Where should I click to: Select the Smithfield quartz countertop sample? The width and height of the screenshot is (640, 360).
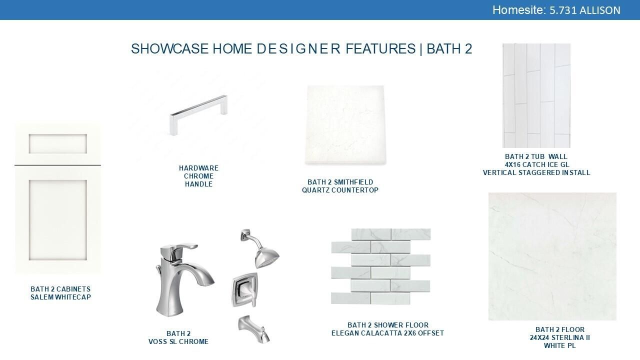(x=345, y=125)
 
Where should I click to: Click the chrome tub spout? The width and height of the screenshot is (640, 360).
(x=253, y=329)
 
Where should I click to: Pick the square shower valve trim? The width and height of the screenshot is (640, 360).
(x=244, y=289)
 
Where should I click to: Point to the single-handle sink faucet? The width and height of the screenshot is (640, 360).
(x=183, y=280)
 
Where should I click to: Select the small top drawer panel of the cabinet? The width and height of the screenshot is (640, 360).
(x=57, y=143)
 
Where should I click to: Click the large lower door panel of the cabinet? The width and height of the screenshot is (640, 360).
(x=57, y=220)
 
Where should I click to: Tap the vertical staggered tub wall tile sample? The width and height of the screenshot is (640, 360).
(x=536, y=95)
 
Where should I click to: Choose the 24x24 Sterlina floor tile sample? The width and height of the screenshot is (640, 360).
(x=552, y=256)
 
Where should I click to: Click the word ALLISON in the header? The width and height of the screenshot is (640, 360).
(x=600, y=10)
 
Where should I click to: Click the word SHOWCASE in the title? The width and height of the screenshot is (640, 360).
(x=169, y=48)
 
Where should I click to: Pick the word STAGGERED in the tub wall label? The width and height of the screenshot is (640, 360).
(x=532, y=172)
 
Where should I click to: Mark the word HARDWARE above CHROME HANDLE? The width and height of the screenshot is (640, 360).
(x=198, y=168)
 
